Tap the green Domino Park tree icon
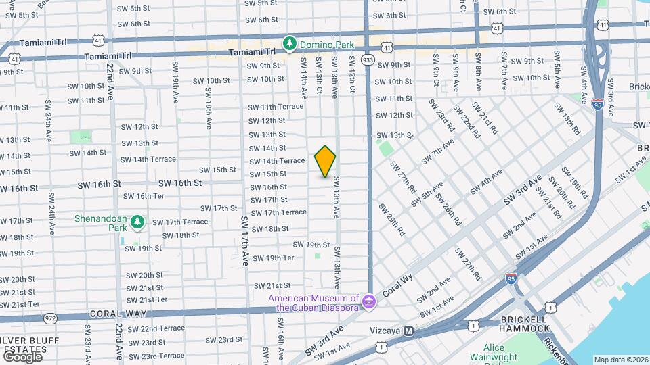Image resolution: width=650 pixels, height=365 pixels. (290, 44)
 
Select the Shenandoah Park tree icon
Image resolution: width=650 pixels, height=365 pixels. (137, 221)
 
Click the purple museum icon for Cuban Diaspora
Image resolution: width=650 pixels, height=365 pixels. (368, 300)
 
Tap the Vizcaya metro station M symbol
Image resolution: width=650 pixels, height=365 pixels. (408, 331)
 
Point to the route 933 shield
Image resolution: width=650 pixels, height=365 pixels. (368, 59)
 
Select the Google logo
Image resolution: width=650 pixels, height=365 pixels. (22, 356)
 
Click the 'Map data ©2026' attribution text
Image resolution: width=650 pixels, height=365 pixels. (621, 360)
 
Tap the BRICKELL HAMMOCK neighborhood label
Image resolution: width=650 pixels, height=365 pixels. (525, 324)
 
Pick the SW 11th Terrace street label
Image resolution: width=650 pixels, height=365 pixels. (276, 107)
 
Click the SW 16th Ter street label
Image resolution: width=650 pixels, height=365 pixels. (141, 196)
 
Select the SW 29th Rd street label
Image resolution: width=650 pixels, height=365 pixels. (392, 220)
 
